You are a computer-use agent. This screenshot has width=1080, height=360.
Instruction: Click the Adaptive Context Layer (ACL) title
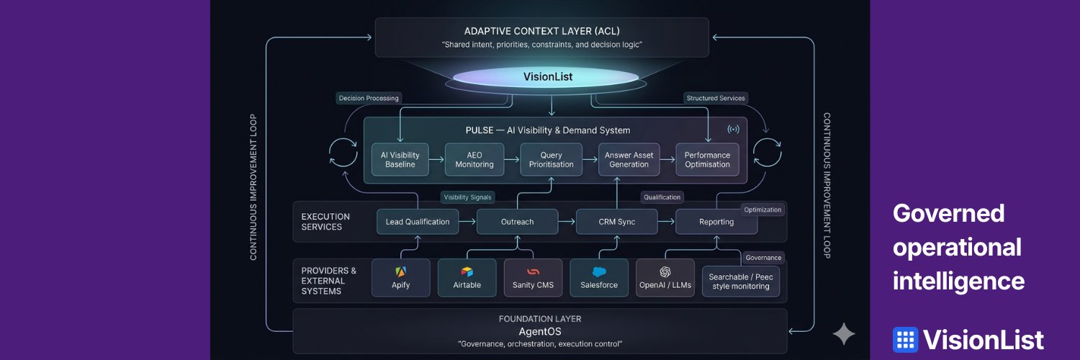point(542,32)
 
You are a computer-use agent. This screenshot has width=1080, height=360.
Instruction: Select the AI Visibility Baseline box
point(400,160)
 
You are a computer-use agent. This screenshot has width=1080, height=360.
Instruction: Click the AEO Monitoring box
point(474,160)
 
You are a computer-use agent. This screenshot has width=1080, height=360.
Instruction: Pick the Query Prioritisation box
point(551,160)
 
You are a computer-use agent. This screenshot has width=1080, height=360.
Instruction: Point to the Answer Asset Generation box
point(629,160)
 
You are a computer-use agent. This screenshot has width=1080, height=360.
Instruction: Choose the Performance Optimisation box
point(707,160)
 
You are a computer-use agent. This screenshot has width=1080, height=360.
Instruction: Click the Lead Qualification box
point(418,222)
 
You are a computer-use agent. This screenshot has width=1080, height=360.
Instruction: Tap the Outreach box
point(518,222)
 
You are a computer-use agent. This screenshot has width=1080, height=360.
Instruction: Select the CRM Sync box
point(616,222)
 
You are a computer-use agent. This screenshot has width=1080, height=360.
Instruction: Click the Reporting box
point(716,222)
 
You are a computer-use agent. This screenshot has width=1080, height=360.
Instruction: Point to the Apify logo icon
point(400,272)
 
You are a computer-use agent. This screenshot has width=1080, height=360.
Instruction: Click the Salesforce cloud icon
point(599,272)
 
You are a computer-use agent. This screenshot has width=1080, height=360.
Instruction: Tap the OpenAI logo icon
point(665,272)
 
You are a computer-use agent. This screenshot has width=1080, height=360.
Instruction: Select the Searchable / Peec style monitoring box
point(741,282)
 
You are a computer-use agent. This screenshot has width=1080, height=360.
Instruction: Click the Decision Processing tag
point(369,99)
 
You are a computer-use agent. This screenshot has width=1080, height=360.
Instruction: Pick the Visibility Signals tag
point(468,197)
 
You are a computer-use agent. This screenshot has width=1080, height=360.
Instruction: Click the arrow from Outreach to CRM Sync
point(567,222)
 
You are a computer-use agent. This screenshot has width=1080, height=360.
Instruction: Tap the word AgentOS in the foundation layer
point(540,332)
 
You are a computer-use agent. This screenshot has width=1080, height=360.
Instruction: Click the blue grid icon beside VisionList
point(906,340)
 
